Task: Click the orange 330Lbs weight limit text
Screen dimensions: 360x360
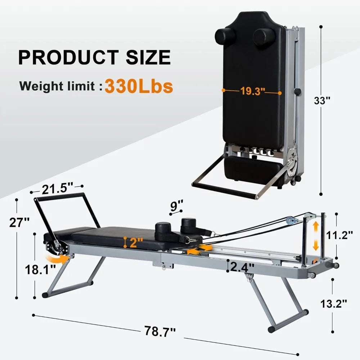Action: (x=139, y=86)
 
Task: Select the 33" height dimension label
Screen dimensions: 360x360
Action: (x=322, y=100)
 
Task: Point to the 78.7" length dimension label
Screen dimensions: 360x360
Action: (x=160, y=331)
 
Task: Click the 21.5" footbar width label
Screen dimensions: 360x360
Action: (x=57, y=189)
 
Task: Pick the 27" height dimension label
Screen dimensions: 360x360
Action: (x=19, y=222)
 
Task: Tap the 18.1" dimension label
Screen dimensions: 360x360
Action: (x=40, y=270)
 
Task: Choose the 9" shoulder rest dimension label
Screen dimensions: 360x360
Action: (x=176, y=206)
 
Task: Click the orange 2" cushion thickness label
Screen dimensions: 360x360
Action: (x=136, y=242)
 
